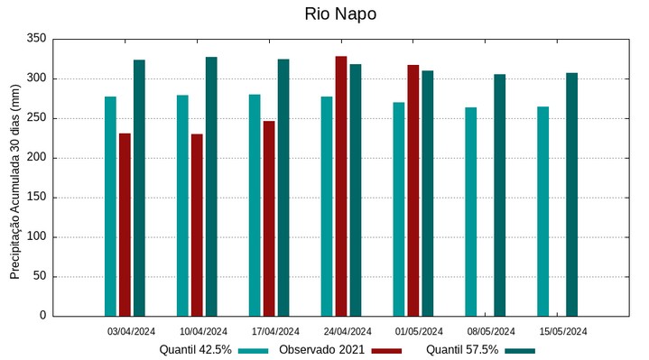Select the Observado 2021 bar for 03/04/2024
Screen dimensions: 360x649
click(125, 225)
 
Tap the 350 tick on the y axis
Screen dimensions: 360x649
click(36, 39)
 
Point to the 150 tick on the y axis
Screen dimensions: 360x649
click(36, 198)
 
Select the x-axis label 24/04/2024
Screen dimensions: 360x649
click(348, 331)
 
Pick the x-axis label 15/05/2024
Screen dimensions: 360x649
click(563, 331)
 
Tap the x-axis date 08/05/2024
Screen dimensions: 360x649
click(491, 331)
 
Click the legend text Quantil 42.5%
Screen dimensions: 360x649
click(196, 350)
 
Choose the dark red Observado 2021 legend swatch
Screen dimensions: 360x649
click(385, 350)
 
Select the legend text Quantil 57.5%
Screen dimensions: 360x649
click(462, 350)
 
